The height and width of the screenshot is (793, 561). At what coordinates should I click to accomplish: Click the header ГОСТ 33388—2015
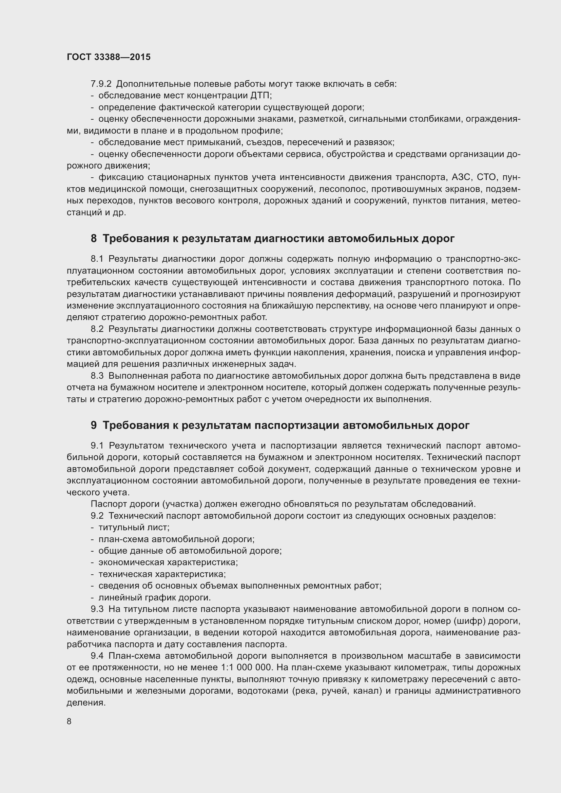coord(109,57)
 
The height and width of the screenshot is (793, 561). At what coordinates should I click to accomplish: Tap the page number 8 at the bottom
coord(69,721)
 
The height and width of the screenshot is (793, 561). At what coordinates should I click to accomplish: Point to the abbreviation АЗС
coord(461,178)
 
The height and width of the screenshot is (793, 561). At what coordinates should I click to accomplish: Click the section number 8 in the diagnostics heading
coord(94,238)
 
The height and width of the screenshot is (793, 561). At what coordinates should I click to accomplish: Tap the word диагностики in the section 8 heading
coord(288,238)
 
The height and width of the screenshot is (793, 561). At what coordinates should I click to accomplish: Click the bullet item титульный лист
coord(134,528)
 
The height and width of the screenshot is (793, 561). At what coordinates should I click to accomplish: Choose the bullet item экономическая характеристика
coord(168,562)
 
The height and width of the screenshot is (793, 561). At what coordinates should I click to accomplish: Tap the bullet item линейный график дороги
coord(154,597)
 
